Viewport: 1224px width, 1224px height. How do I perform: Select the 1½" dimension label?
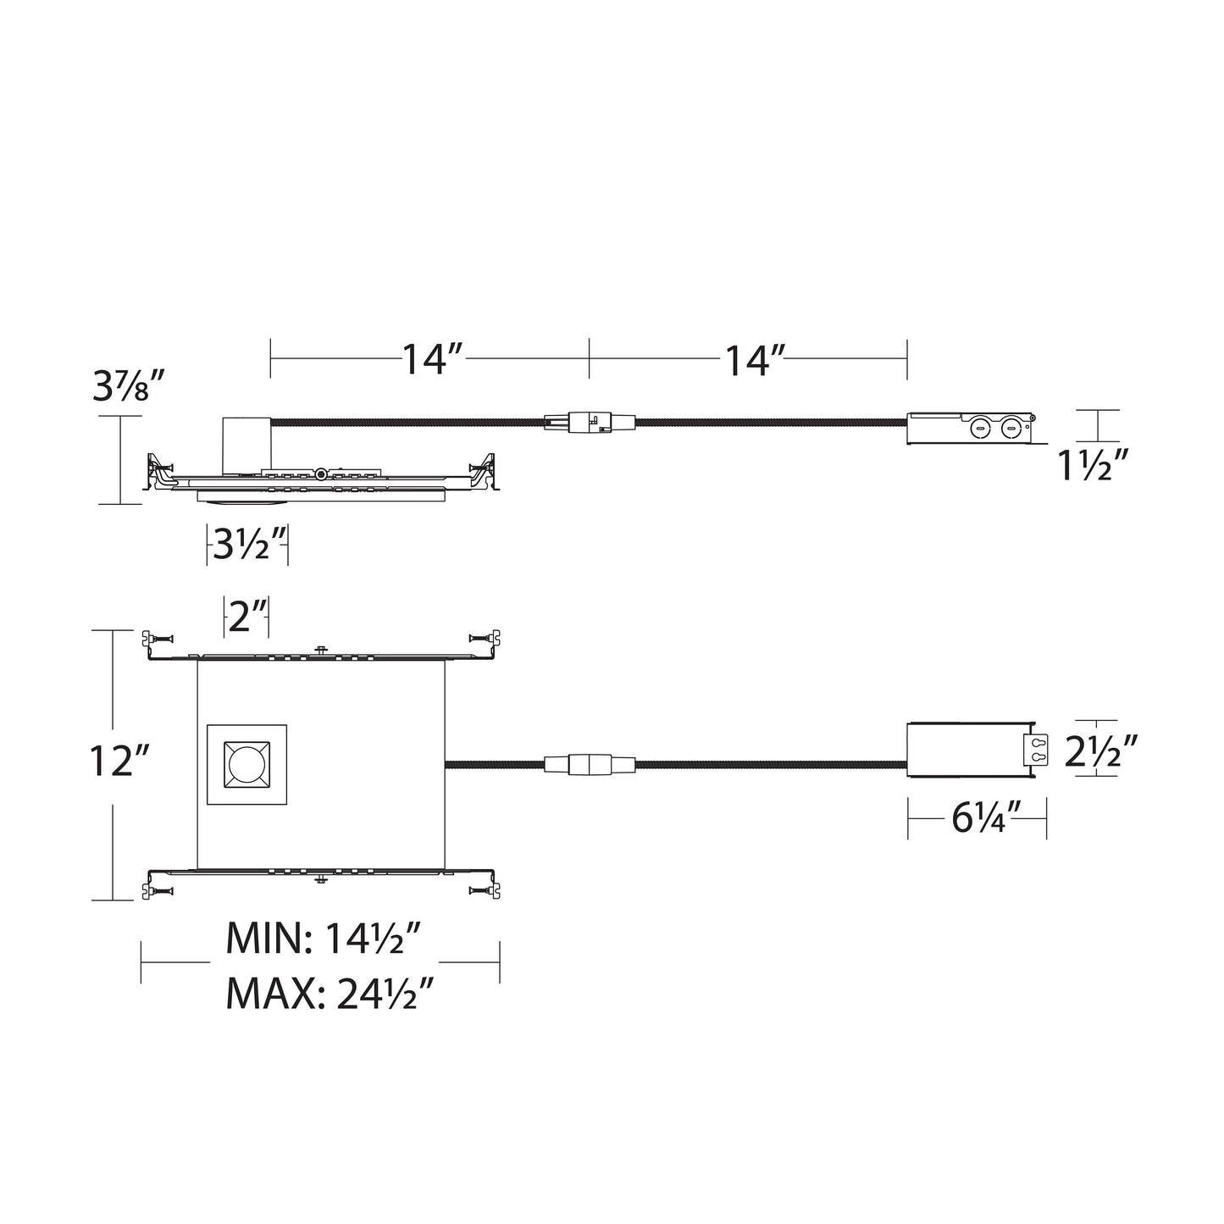(1094, 465)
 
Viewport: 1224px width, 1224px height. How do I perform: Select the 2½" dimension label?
(1099, 750)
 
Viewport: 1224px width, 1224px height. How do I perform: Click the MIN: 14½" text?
(324, 939)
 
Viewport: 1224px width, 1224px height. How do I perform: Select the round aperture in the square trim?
(246, 764)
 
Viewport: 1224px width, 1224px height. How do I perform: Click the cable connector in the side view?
(589, 421)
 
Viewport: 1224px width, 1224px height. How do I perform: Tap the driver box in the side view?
(971, 429)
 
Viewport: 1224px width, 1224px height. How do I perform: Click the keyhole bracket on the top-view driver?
(1035, 750)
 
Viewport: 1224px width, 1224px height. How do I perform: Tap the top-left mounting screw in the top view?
(156, 636)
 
